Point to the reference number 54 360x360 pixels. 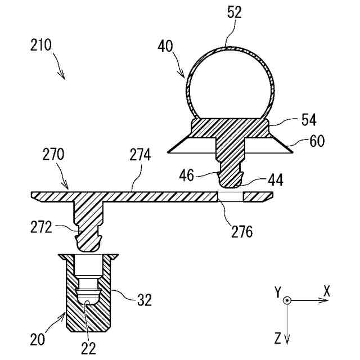[309, 119]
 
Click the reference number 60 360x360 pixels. [317, 141]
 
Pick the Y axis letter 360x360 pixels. [277, 291]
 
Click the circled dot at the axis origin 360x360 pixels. [287, 301]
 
